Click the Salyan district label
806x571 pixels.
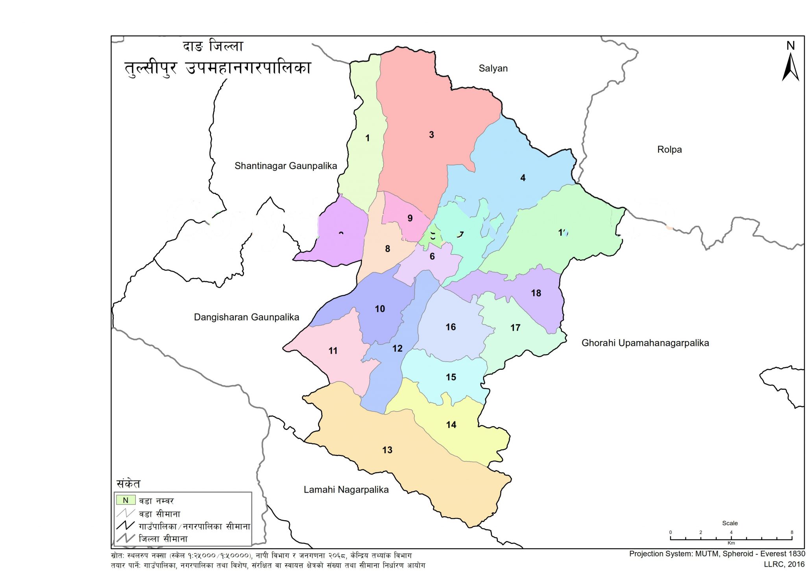(x=493, y=69)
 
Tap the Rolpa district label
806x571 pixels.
(x=669, y=150)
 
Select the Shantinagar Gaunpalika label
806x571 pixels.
(x=286, y=166)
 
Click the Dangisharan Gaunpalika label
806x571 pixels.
(x=246, y=317)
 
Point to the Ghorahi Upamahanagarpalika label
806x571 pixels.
(x=645, y=343)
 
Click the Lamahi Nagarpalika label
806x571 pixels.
(x=346, y=490)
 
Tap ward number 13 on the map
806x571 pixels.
(x=387, y=450)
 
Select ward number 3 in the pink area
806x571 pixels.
(x=431, y=135)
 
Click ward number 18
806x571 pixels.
(x=536, y=293)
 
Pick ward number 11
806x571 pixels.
(x=333, y=351)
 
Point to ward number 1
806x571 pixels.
(x=367, y=138)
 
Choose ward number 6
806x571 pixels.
(x=432, y=257)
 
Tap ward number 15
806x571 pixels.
(x=451, y=377)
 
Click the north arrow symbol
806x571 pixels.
(x=790, y=63)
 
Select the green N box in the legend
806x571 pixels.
(x=126, y=501)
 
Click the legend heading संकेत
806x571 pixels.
(x=128, y=484)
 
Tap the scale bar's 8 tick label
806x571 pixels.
(x=792, y=532)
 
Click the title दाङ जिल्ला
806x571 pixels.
(x=213, y=46)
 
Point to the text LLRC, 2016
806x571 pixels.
(x=784, y=564)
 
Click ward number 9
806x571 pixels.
(x=410, y=218)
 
